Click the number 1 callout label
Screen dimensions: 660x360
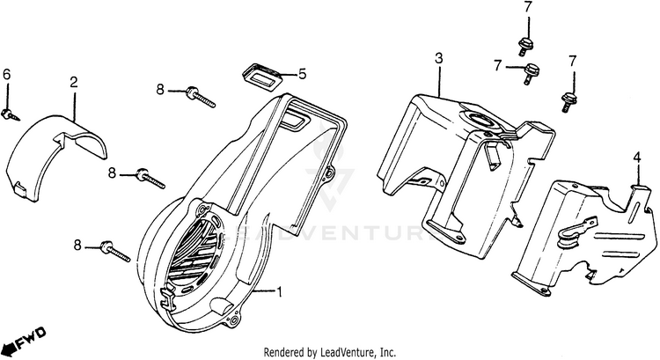(280, 291)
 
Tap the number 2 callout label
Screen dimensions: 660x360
(74, 82)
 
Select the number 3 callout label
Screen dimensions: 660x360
(438, 58)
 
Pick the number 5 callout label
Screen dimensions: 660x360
(301, 74)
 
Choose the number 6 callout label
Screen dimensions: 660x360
(7, 76)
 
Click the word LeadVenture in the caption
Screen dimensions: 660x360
(344, 351)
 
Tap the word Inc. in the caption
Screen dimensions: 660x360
(383, 351)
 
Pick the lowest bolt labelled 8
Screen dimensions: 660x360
(114, 251)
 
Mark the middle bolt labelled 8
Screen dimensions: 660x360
(150, 179)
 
